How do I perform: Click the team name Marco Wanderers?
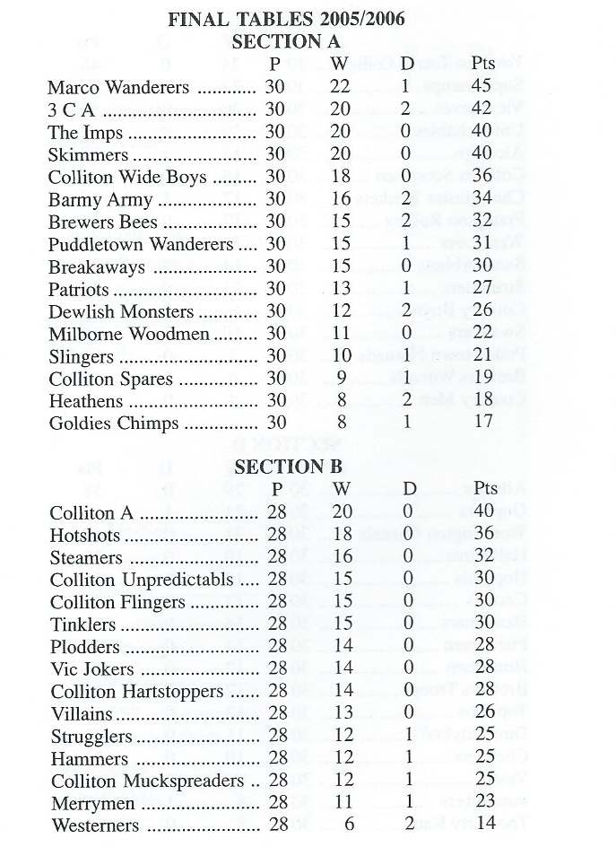tap(118, 88)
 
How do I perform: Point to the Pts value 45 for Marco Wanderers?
tap(484, 88)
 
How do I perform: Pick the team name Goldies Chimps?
tap(115, 423)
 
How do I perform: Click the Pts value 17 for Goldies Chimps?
tap(484, 423)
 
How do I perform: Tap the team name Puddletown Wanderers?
tap(141, 244)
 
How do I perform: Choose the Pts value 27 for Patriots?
tap(484, 289)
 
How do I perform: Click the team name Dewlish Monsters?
tap(122, 311)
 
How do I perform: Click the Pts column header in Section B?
tap(486, 489)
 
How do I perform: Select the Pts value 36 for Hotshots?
tap(484, 536)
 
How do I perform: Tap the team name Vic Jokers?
tap(92, 669)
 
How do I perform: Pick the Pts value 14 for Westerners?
tap(484, 825)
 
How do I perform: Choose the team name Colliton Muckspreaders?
tap(147, 781)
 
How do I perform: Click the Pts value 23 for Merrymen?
tap(484, 803)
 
